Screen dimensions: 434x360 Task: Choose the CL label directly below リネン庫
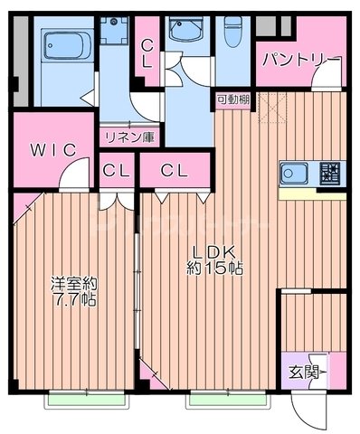click(116, 169)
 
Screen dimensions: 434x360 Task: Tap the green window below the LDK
click(217, 396)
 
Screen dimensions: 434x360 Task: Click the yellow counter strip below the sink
click(311, 192)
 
